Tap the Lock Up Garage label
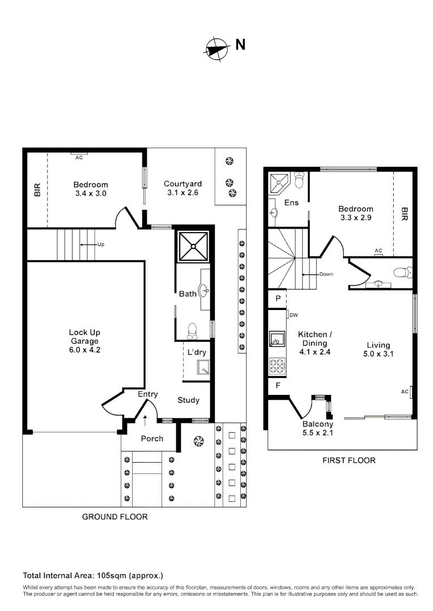pyautogui.click(x=84, y=341)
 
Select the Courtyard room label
pyautogui.click(x=182, y=188)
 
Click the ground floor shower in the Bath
pyautogui.click(x=194, y=246)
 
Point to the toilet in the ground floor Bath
pyautogui.click(x=192, y=329)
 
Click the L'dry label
pyautogui.click(x=197, y=352)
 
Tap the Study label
pyautogui.click(x=189, y=400)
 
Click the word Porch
pyautogui.click(x=152, y=438)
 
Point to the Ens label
pyautogui.click(x=291, y=203)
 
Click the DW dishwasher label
pyautogui.click(x=294, y=315)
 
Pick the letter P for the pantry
pyautogui.click(x=278, y=298)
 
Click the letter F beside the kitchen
pyautogui.click(x=278, y=386)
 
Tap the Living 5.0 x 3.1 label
pyautogui.click(x=378, y=350)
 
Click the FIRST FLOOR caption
pyautogui.click(x=349, y=461)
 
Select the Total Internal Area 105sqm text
pyautogui.click(x=93, y=575)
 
